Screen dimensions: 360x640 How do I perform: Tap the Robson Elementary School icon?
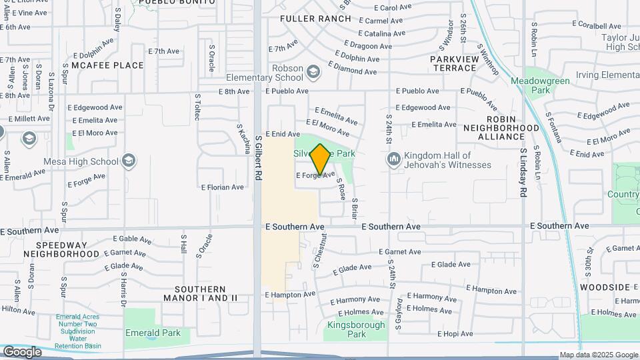[x=313, y=71]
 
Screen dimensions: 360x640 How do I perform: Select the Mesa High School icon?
[x=129, y=161]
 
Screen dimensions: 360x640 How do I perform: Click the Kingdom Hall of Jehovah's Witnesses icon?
[x=393, y=159]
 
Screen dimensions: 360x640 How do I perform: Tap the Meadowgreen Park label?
[x=539, y=85]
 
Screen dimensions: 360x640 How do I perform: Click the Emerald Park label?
[x=153, y=333]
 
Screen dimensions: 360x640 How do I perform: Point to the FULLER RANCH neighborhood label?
[x=315, y=19]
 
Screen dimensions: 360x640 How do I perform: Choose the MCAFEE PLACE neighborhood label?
[x=107, y=65]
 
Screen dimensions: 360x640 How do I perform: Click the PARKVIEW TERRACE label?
[x=455, y=64]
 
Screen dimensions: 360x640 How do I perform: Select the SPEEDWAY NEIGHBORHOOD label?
[x=62, y=249]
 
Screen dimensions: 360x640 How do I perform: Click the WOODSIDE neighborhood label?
[x=605, y=287]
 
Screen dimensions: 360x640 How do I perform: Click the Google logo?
[x=21, y=352]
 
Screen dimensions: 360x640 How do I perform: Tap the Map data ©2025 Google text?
[x=599, y=355]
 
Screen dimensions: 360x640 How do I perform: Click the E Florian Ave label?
[x=222, y=187]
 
